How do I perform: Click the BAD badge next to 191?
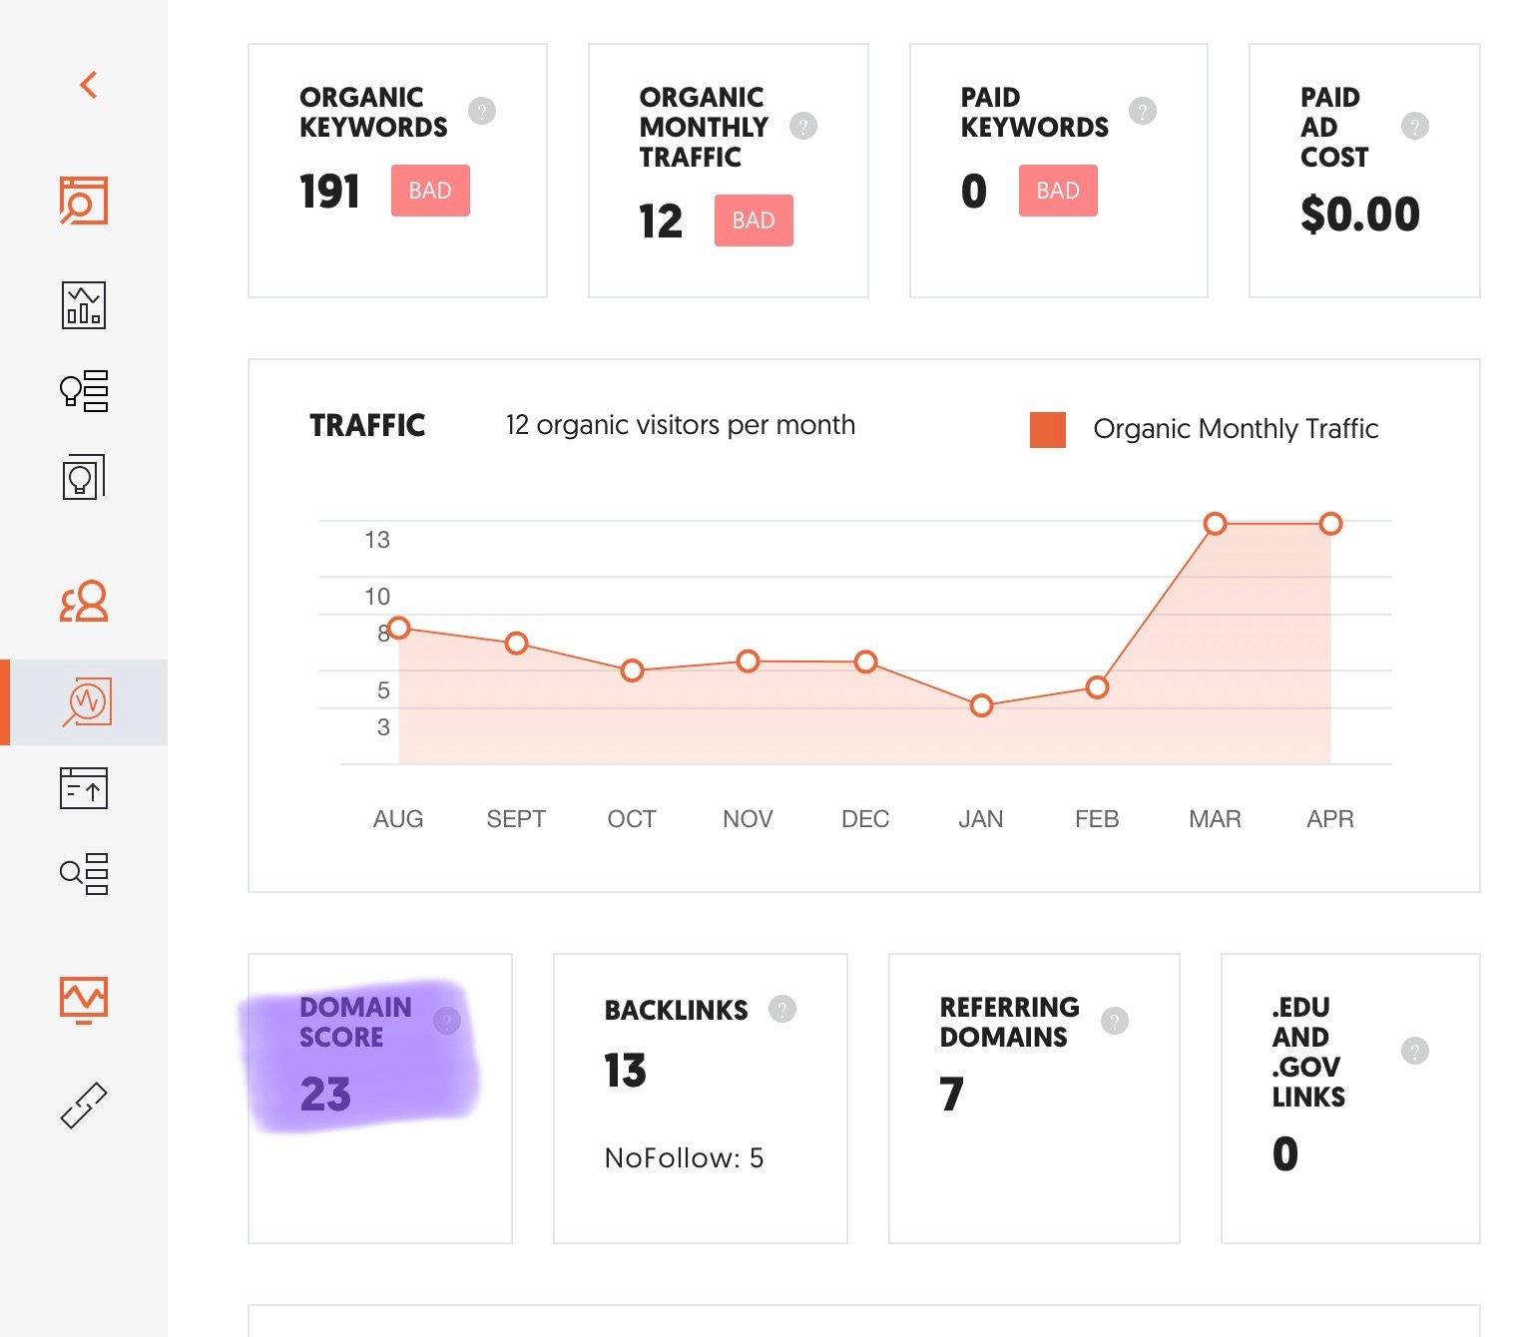click(x=430, y=191)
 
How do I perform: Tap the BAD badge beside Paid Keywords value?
click(x=1058, y=191)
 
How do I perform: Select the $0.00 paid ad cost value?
click(x=1359, y=215)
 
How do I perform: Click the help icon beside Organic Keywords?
click(x=482, y=111)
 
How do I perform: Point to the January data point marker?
click(x=981, y=705)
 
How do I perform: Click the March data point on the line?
click(x=1215, y=524)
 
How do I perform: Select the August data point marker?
click(x=399, y=628)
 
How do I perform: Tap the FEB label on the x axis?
click(x=1096, y=819)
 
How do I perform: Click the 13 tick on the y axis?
click(x=377, y=540)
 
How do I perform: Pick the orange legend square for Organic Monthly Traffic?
click(x=1048, y=429)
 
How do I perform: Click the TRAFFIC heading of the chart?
click(x=367, y=426)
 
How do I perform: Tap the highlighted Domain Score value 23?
click(x=325, y=1095)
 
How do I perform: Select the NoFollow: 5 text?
click(x=684, y=1157)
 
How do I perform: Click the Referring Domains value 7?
click(x=951, y=1095)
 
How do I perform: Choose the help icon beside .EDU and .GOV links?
click(x=1414, y=1051)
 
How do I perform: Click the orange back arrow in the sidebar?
click(x=88, y=85)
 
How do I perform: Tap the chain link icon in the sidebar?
click(x=84, y=1106)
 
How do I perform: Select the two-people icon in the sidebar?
click(x=84, y=602)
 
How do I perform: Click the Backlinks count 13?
click(x=625, y=1072)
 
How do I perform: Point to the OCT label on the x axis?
click(x=632, y=819)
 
